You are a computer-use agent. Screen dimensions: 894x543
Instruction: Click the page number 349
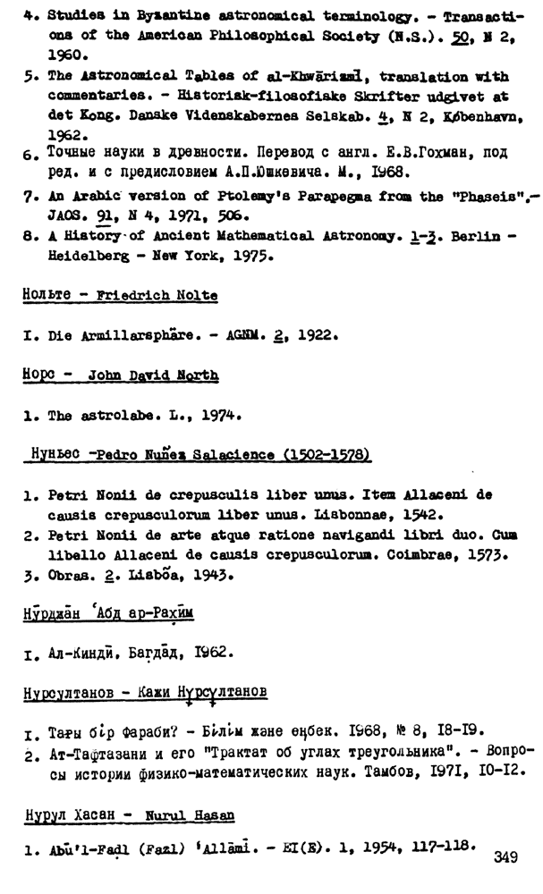pyautogui.click(x=505, y=858)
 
